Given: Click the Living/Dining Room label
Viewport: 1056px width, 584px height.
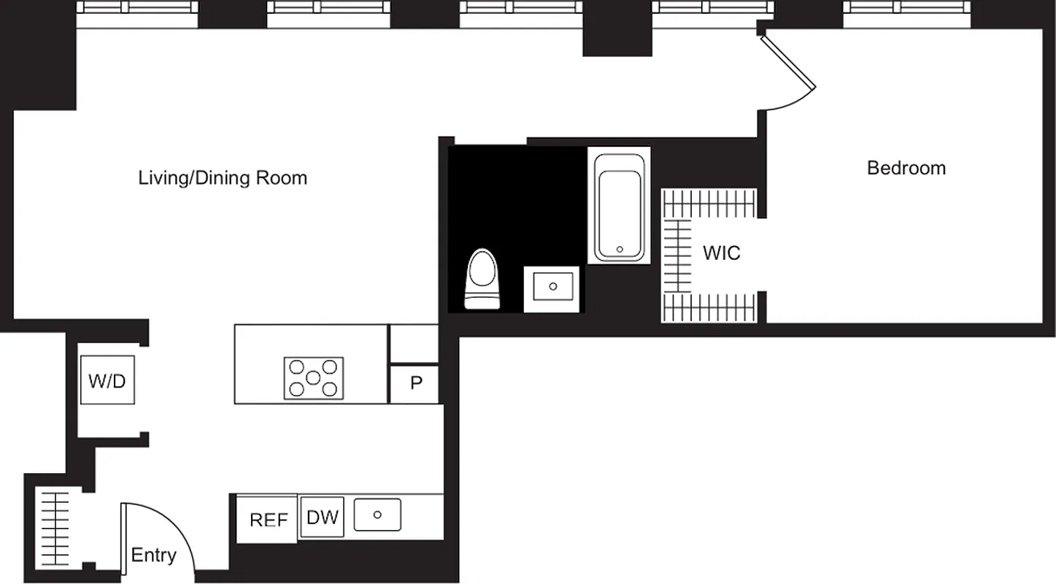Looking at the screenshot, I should pyautogui.click(x=223, y=178).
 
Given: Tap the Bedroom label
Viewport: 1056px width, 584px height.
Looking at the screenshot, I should pyautogui.click(x=906, y=168).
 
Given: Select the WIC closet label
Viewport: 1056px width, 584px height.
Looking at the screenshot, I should pyautogui.click(x=721, y=253).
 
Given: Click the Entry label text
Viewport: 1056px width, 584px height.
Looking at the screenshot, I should pyautogui.click(x=153, y=556).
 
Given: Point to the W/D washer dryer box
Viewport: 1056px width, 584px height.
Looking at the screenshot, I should pyautogui.click(x=107, y=380).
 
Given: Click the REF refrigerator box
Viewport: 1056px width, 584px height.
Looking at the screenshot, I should pyautogui.click(x=268, y=519).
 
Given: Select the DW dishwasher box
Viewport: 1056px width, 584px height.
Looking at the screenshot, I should pyautogui.click(x=322, y=518).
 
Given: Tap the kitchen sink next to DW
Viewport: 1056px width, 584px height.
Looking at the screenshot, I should pyautogui.click(x=377, y=515).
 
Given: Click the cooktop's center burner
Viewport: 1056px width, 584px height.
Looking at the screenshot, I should pyautogui.click(x=313, y=378).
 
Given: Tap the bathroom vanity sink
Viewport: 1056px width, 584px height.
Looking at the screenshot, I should pyautogui.click(x=552, y=287).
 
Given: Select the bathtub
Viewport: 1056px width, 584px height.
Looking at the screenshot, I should pyautogui.click(x=619, y=207).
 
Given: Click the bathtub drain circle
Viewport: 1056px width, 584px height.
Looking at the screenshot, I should pyautogui.click(x=620, y=249).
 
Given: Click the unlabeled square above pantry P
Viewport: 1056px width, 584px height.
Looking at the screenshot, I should pyautogui.click(x=413, y=344).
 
